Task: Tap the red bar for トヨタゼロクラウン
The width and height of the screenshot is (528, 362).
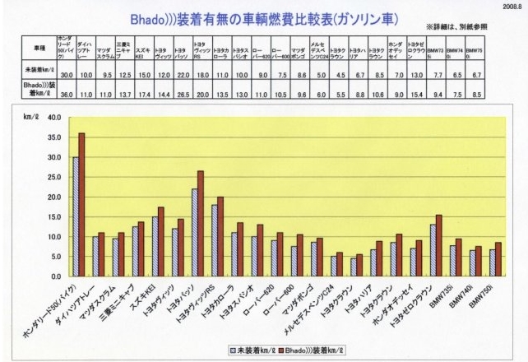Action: click(x=439, y=245)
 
